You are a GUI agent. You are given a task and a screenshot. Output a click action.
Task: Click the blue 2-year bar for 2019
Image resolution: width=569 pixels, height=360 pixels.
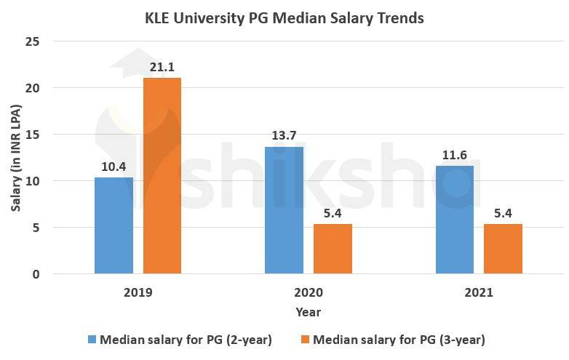(114, 225)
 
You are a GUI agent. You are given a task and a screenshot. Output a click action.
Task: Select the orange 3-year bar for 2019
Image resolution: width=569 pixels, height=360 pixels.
(162, 175)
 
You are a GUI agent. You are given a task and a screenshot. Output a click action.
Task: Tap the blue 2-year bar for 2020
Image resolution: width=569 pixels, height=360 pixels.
(284, 210)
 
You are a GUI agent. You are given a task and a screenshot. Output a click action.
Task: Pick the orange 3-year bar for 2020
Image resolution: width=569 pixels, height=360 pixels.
(333, 249)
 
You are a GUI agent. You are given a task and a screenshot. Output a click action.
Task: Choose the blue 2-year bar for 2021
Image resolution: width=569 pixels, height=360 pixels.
(455, 220)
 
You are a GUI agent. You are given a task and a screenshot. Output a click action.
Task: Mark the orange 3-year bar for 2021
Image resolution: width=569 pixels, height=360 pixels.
(503, 249)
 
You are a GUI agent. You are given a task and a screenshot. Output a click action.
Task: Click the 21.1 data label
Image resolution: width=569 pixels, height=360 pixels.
(162, 68)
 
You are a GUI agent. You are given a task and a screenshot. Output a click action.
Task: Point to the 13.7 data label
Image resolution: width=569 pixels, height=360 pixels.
(284, 136)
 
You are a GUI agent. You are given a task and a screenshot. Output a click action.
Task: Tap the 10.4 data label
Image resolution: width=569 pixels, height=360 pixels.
(114, 167)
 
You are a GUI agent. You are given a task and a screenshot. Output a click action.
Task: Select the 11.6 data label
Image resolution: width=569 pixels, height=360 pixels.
(455, 155)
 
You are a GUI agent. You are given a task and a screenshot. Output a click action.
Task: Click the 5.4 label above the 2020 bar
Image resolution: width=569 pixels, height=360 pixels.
(333, 213)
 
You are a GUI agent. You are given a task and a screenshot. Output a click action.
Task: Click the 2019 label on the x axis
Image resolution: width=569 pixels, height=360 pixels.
(138, 292)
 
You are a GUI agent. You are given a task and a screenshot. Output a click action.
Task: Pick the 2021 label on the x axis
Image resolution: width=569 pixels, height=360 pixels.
(479, 292)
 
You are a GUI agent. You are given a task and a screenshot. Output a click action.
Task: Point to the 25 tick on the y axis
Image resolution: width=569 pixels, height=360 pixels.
(32, 41)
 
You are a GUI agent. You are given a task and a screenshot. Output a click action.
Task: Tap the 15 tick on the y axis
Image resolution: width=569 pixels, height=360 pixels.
(32, 135)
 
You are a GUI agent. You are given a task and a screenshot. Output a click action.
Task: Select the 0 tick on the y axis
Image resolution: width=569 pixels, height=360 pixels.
(36, 274)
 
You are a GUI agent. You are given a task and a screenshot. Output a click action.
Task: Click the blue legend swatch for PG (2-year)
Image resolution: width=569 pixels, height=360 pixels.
(92, 340)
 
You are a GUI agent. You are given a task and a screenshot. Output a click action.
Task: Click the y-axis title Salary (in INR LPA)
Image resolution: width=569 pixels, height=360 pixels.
(16, 157)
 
